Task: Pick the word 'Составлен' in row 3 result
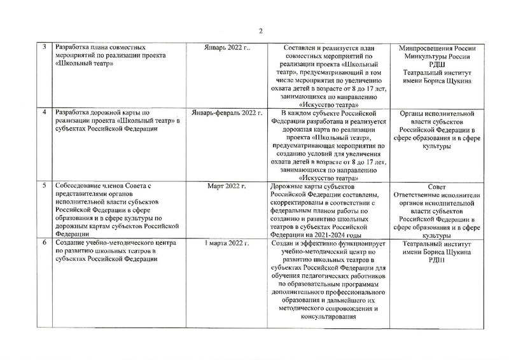pyautogui.click(x=295, y=48)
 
